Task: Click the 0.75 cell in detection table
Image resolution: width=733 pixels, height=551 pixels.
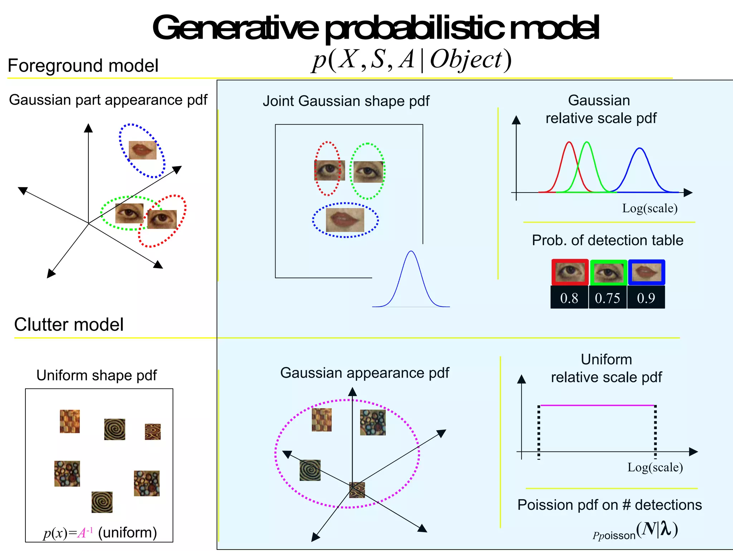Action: [607, 298]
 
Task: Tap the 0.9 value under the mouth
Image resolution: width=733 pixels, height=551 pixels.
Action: [646, 298]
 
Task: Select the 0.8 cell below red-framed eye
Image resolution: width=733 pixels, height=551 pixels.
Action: [569, 298]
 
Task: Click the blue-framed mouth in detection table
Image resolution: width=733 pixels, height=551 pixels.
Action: [646, 272]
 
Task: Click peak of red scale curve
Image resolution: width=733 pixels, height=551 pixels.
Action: [569, 142]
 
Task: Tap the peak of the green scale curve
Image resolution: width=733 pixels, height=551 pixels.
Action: [587, 142]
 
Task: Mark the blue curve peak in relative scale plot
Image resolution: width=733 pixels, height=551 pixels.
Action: [640, 148]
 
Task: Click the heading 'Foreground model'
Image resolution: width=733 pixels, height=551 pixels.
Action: [83, 66]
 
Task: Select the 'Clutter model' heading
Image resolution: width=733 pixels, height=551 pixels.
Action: [69, 325]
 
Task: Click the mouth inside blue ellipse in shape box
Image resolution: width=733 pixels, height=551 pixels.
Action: [345, 220]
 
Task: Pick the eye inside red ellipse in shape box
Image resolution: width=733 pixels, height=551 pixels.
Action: [329, 170]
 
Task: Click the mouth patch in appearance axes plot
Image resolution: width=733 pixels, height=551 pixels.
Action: [142, 150]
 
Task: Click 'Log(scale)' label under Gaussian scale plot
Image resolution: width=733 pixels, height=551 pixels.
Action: [650, 208]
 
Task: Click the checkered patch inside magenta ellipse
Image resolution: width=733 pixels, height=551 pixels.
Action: [321, 420]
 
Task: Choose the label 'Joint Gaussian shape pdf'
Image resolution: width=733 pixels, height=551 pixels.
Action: [346, 101]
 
